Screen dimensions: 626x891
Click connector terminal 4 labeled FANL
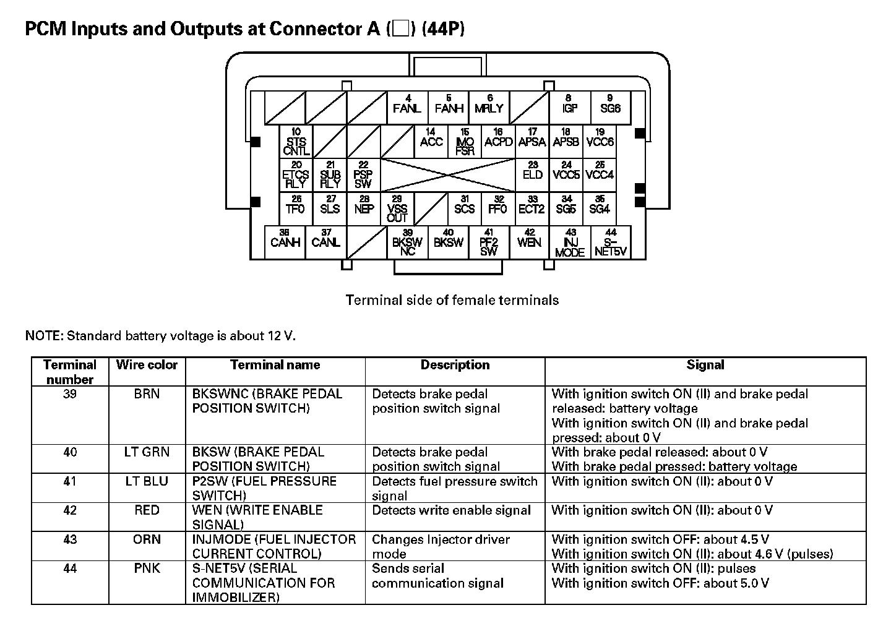[x=407, y=106]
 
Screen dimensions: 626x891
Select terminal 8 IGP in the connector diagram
[x=569, y=106]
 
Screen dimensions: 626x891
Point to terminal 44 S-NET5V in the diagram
[x=611, y=243]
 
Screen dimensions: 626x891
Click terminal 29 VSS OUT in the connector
[x=397, y=209]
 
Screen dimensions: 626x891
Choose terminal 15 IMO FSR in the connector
[x=465, y=142]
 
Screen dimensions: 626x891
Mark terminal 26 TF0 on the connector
[x=296, y=206]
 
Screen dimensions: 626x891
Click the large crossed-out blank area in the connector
[x=447, y=175]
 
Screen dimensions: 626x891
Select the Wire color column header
[x=147, y=365]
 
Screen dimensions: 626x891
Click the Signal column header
[x=705, y=365]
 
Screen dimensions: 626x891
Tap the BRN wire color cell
[x=147, y=394]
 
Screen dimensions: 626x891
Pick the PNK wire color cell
[x=147, y=568]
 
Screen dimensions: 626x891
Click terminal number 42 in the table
[x=70, y=510]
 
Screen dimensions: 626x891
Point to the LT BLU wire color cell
[x=147, y=481]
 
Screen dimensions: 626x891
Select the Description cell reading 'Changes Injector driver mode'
[x=441, y=546]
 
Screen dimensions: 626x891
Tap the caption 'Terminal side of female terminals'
[x=452, y=301]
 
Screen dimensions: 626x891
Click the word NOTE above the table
[x=43, y=336]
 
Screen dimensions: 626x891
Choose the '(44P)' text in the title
[x=442, y=29]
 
